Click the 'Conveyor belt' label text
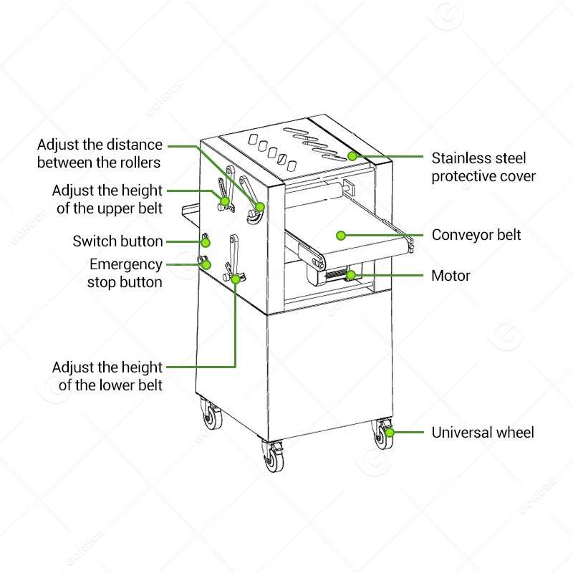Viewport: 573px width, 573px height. coord(476,235)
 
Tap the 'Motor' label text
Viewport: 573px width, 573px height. coord(451,275)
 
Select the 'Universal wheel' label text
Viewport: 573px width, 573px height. coord(482,433)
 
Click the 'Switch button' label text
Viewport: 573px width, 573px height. coord(117,241)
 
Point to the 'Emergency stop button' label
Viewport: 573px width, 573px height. coord(125,273)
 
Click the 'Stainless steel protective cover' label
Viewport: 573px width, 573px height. coord(483,166)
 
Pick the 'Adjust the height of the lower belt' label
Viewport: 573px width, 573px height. coord(107,376)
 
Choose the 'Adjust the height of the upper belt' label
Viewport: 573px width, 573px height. coord(107,200)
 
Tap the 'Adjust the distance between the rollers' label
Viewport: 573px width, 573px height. coord(100,153)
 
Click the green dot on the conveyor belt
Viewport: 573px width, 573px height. coord(342,235)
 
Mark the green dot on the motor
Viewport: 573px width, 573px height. coord(350,274)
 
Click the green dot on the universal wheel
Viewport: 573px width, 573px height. coord(390,432)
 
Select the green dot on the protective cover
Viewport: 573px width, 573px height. coord(352,155)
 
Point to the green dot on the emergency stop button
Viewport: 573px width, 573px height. coord(206,264)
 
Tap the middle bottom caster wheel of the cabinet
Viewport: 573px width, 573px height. coord(273,458)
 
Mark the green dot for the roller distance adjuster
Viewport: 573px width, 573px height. coord(260,207)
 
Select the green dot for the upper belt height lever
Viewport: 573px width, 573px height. coord(225,201)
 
